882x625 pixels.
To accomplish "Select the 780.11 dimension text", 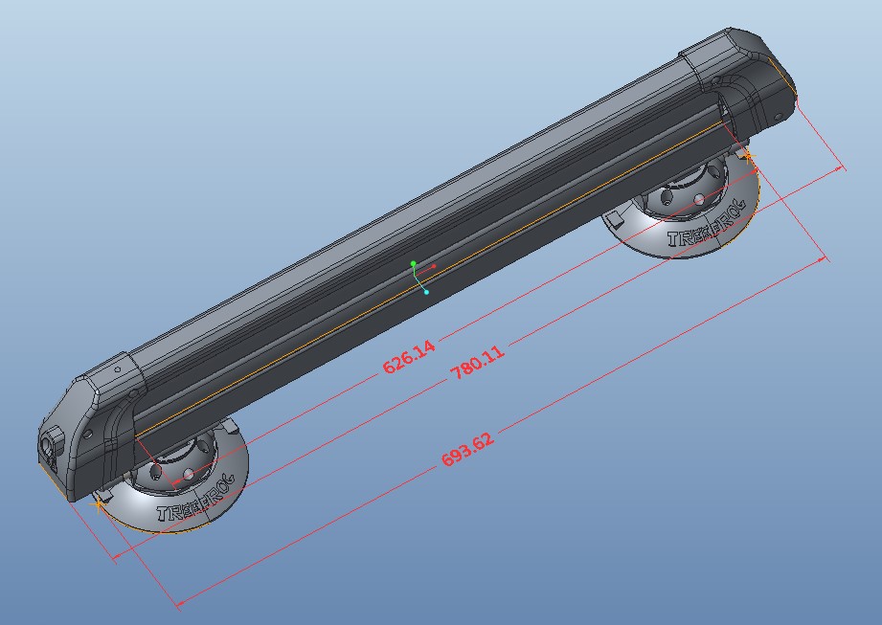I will pyautogui.click(x=477, y=366).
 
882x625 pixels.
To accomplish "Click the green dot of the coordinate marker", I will pyautogui.click(x=414, y=263).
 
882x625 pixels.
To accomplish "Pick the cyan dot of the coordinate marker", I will pyautogui.click(x=426, y=292).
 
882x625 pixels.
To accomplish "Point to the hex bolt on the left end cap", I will pyautogui.click(x=49, y=444).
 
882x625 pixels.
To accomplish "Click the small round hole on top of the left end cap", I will pyautogui.click(x=118, y=368).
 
